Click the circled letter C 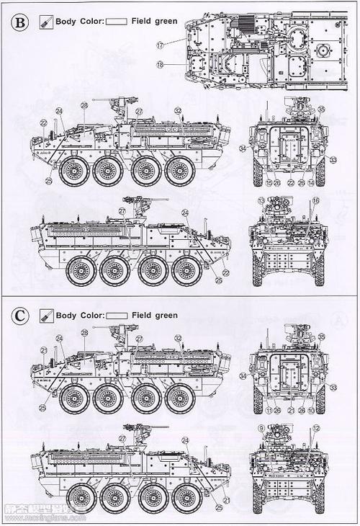[x=21, y=316]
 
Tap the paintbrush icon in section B [x=47, y=22]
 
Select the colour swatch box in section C [x=117, y=316]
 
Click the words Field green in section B [x=154, y=22]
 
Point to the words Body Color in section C [x=80, y=316]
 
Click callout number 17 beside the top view [x=160, y=45]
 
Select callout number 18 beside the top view [x=160, y=65]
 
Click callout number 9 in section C [x=261, y=429]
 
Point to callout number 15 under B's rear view [x=267, y=183]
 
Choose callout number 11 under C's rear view [x=267, y=410]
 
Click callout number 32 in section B [x=177, y=110]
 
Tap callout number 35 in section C [x=321, y=336]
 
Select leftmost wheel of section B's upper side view [x=73, y=172]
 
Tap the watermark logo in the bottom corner [x=43, y=516]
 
